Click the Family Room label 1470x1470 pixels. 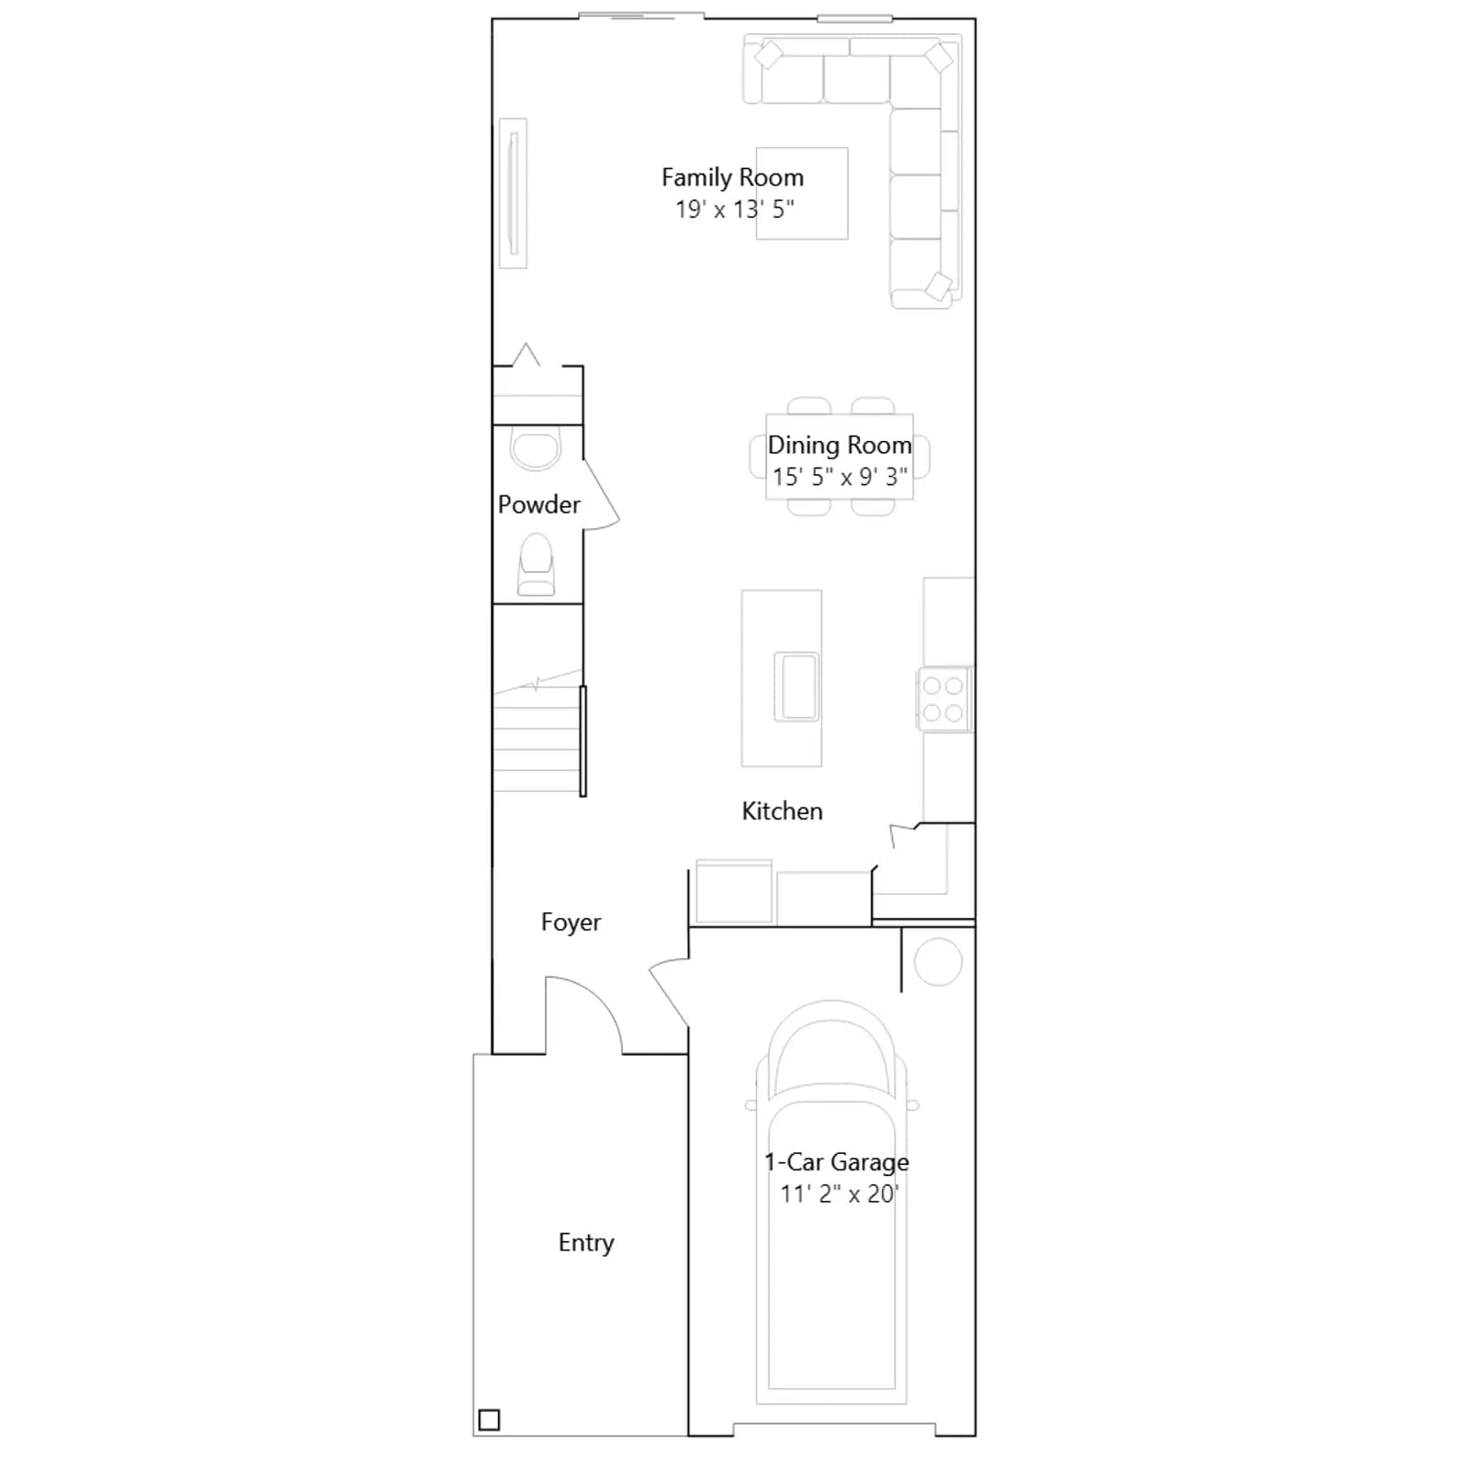(732, 177)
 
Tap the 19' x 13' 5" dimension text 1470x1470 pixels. (735, 209)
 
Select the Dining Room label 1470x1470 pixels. (840, 446)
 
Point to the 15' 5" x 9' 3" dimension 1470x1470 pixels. (840, 477)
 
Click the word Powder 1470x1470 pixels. (539, 504)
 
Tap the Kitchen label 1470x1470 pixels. (782, 811)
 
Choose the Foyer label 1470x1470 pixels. (571, 922)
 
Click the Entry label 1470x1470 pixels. (586, 1243)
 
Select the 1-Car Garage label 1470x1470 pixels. (837, 1162)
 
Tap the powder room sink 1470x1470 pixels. (536, 450)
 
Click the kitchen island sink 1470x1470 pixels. (797, 686)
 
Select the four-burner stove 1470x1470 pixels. (944, 699)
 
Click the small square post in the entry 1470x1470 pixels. (490, 1419)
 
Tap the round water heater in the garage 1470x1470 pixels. (938, 962)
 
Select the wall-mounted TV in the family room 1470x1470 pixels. (514, 194)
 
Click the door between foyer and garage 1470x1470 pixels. (669, 992)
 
